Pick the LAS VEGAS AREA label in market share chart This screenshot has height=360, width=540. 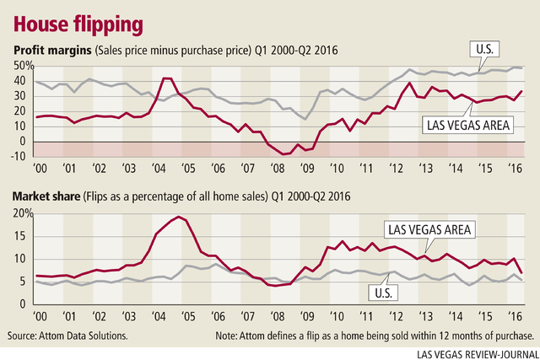tap(427, 228)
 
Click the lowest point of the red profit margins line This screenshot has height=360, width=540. tap(285, 155)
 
